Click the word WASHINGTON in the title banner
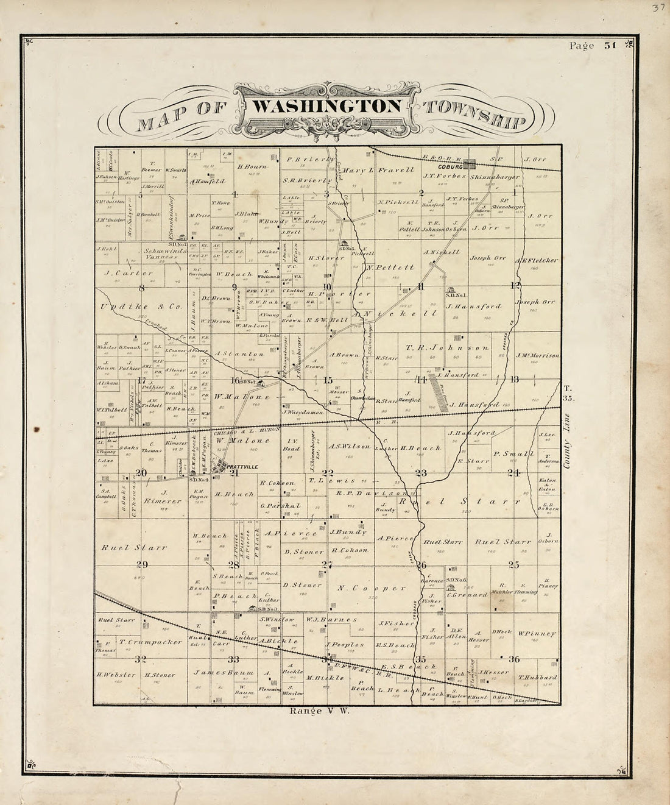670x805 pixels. [x=326, y=106]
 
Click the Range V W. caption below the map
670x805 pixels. [x=319, y=711]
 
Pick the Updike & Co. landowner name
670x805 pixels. [x=141, y=307]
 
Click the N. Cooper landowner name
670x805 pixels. [x=370, y=588]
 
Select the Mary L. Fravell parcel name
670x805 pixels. [x=378, y=170]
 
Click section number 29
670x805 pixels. [x=142, y=564]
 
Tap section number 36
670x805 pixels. [x=514, y=658]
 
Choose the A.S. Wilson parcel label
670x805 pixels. [x=350, y=446]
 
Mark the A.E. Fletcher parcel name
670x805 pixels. [x=536, y=260]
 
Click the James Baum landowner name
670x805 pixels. [x=214, y=672]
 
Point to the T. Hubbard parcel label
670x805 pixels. [x=537, y=677]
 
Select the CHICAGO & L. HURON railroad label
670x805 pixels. [x=247, y=430]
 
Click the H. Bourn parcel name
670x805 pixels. [x=249, y=166]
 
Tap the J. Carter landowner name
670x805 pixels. [x=129, y=273]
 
